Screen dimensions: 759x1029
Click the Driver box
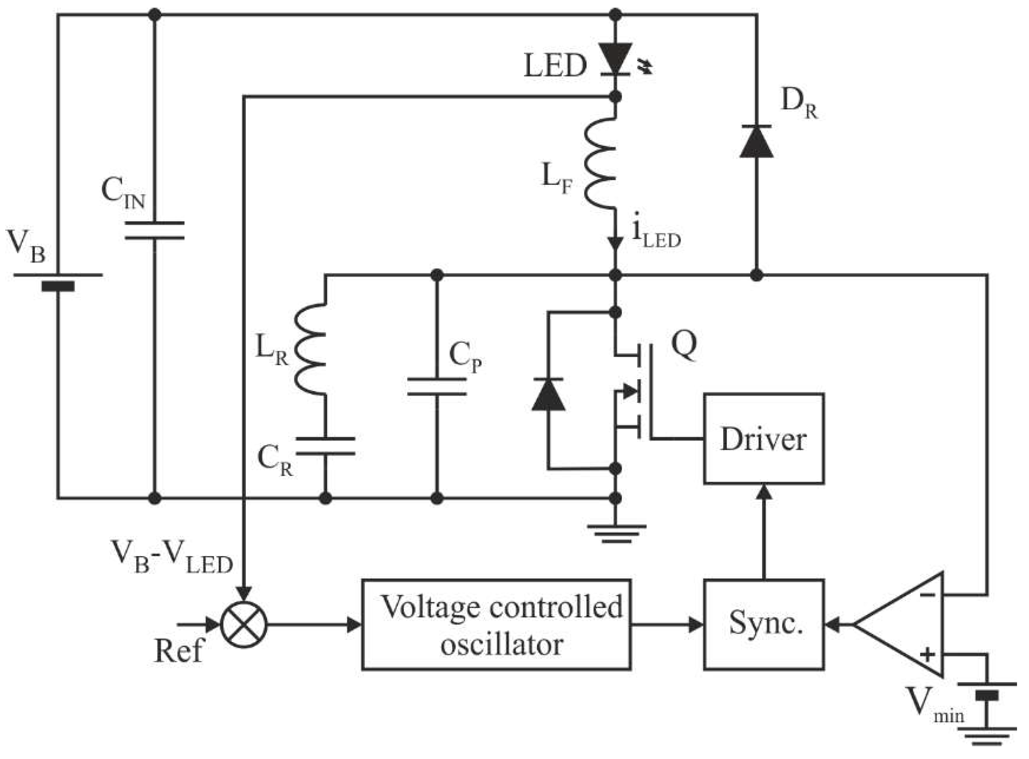[x=764, y=438]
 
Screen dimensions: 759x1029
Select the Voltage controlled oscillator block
[x=496, y=625]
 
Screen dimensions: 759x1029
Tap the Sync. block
[x=764, y=625]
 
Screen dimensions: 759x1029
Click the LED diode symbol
[x=615, y=58]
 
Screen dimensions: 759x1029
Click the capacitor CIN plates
[x=155, y=231]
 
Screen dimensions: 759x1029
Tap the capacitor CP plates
[x=437, y=387]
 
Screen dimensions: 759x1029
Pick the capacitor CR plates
[x=325, y=446]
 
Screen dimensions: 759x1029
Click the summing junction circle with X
[x=244, y=625]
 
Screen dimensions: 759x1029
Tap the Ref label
[x=178, y=652]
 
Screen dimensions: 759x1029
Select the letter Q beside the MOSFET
[x=684, y=345]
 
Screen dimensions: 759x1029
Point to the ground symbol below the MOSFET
[x=616, y=533]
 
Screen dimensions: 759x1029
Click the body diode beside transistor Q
[x=549, y=394]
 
